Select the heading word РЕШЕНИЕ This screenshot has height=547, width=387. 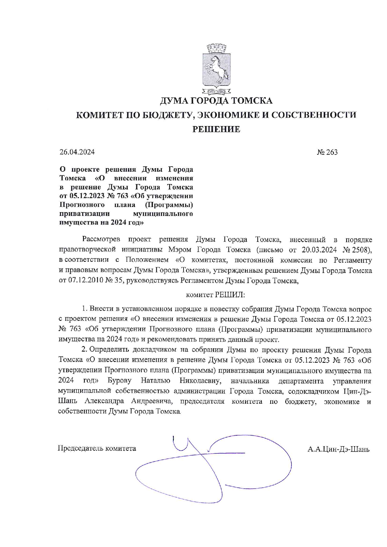216,129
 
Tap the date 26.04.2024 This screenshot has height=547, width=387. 77,152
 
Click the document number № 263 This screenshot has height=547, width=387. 327,152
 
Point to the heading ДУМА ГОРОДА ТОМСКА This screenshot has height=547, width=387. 216,101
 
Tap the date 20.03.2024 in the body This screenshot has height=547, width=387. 319,250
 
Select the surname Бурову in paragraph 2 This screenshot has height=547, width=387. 120,381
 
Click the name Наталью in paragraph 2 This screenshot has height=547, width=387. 155,381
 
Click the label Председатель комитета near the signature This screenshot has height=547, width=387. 97,449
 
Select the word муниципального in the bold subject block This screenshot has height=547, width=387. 163,214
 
